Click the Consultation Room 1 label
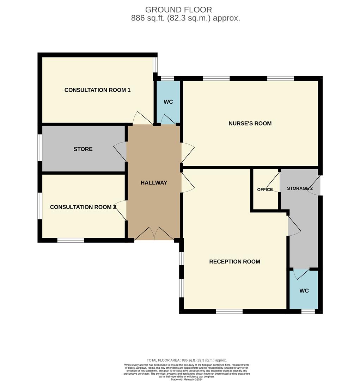97,90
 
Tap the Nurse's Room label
250,123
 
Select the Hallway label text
154,182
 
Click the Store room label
83,149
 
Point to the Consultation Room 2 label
83,207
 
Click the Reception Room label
234,261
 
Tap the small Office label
265,189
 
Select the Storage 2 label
300,188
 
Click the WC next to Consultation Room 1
168,102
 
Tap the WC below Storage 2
304,291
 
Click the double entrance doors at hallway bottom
154,234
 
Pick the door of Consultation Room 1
142,119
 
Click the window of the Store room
40,148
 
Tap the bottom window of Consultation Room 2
71,240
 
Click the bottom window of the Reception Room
229,311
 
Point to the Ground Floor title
178,10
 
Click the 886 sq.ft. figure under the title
145,18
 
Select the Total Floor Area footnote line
187,360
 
